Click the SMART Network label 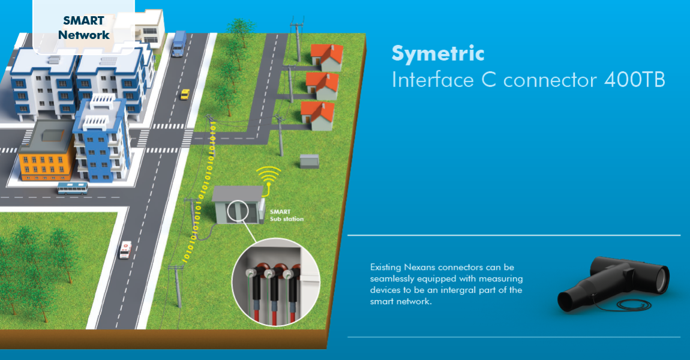point(83,28)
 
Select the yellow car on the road point(185,94)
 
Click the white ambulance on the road point(125,250)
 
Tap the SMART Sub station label point(286,215)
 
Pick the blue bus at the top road point(178,43)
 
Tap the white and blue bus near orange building point(72,188)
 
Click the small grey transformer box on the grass point(308,161)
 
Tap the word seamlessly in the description point(397,279)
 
